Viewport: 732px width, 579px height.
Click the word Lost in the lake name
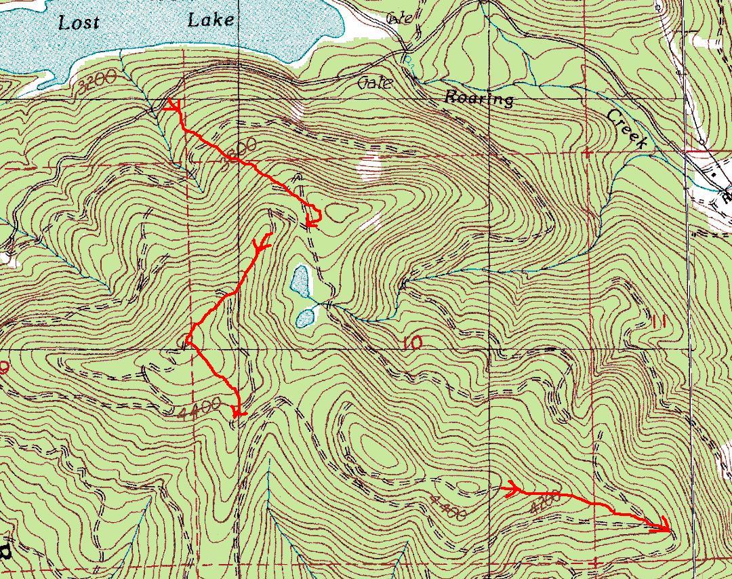click(79, 22)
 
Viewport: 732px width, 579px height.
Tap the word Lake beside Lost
click(211, 20)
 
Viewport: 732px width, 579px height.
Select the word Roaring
click(479, 98)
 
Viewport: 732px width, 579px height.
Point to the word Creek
click(628, 128)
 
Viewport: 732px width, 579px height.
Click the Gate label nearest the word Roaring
click(375, 83)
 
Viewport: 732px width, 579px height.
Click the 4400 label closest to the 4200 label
click(447, 509)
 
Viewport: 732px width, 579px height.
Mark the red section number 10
click(411, 343)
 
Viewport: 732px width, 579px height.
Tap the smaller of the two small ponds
click(305, 317)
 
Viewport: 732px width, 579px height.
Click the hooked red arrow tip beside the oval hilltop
click(312, 219)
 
